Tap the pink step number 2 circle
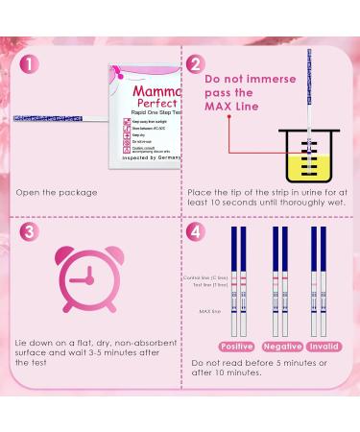coord(198,65)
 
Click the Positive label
coord(237,346)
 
